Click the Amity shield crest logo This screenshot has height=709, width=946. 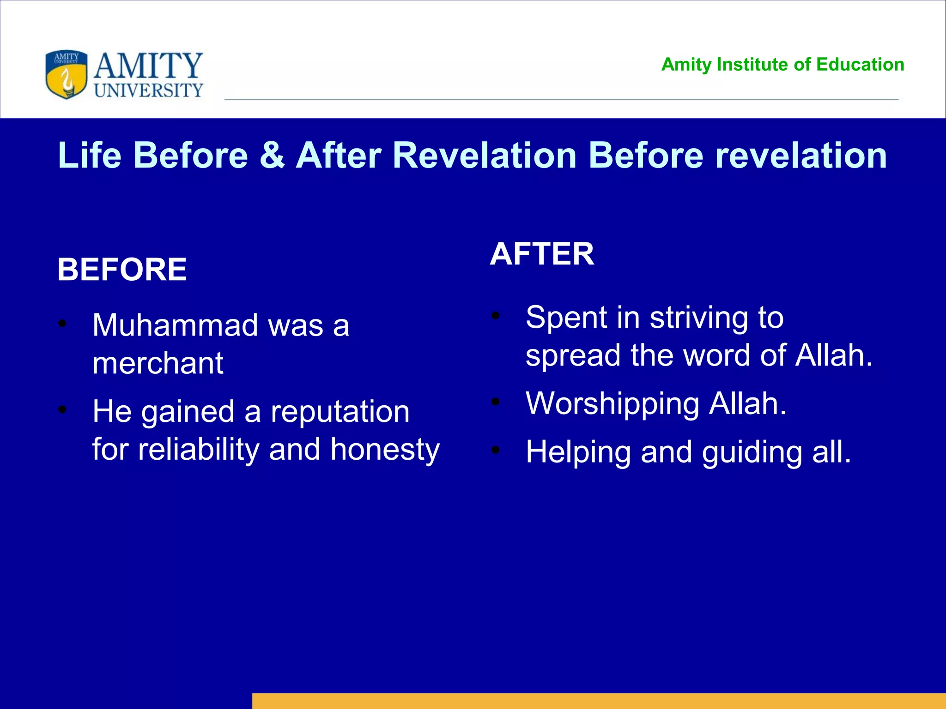[x=66, y=74]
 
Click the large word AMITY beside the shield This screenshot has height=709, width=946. [x=148, y=66]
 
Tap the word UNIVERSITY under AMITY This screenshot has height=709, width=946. [x=149, y=90]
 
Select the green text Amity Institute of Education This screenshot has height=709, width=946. [x=782, y=65]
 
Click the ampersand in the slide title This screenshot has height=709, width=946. [x=272, y=155]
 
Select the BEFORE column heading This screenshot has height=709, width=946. [x=122, y=270]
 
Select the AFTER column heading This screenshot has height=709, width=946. [x=542, y=254]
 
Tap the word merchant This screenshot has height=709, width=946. [x=158, y=363]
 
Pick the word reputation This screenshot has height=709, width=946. [x=340, y=412]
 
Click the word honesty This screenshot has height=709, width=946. [x=385, y=450]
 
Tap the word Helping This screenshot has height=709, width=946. [x=578, y=452]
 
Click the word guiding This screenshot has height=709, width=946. [x=752, y=452]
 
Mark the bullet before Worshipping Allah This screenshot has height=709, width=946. [x=496, y=402]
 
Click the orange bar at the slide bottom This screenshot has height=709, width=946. [x=599, y=701]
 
